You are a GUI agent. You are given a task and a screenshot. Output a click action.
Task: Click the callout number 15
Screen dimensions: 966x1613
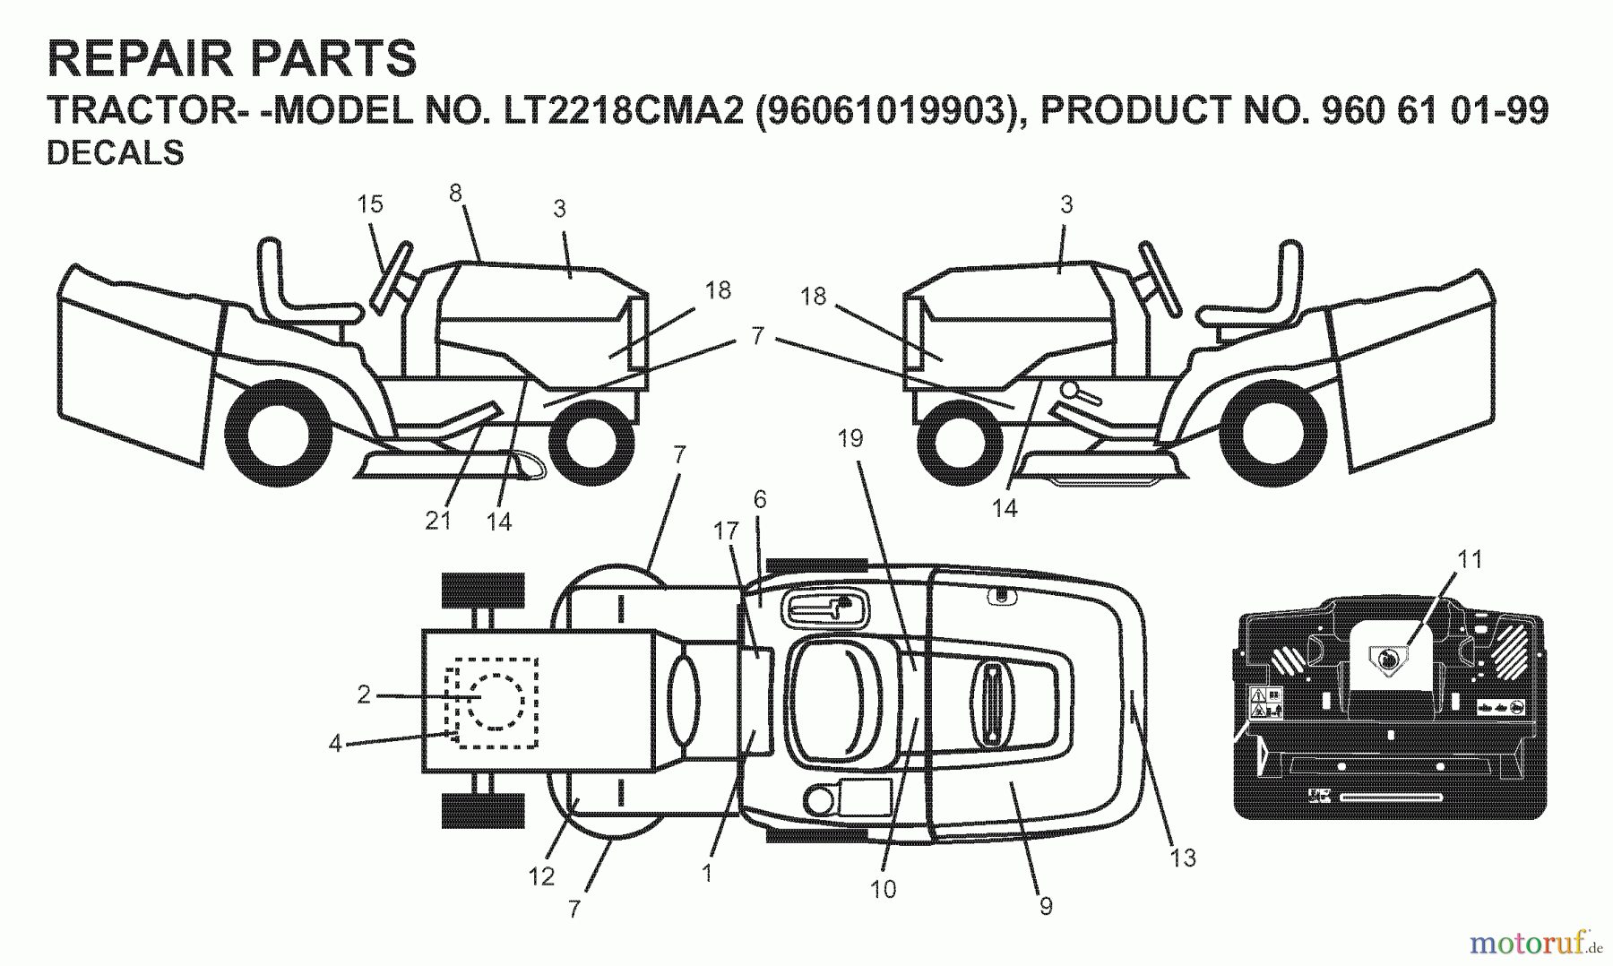point(370,204)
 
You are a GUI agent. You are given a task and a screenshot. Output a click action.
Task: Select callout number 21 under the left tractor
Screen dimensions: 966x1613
point(437,520)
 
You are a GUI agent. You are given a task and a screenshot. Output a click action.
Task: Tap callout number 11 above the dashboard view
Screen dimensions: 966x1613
point(1470,559)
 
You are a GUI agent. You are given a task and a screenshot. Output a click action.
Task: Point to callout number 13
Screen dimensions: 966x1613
point(1183,858)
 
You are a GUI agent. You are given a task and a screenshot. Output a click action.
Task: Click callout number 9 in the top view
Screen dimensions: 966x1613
point(1046,906)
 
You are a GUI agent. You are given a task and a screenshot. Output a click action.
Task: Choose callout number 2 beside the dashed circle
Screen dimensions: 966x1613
point(364,694)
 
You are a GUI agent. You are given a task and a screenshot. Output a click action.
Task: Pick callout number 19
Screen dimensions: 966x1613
point(850,438)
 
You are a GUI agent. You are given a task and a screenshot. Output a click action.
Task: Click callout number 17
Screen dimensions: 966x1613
point(726,531)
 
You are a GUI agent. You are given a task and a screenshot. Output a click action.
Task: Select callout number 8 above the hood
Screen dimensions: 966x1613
point(455,193)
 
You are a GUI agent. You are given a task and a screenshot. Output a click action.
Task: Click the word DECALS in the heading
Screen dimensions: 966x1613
point(115,153)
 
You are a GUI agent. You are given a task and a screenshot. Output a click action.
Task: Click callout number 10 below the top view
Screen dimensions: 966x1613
point(883,889)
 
